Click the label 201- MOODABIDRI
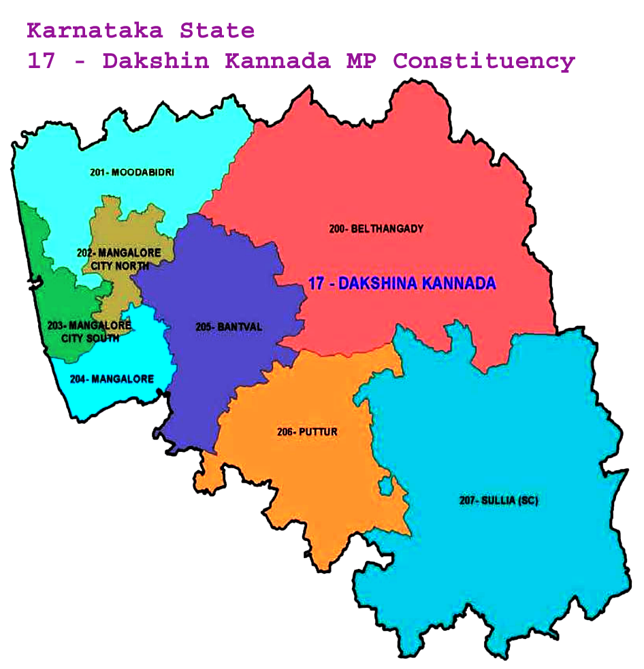[131, 173]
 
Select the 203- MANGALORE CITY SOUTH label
[89, 331]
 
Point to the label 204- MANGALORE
[112, 378]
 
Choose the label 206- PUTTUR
[307, 432]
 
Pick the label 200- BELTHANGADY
[376, 229]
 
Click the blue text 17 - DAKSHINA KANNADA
[402, 284]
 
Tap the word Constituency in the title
[484, 61]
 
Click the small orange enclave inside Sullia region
[385, 486]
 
